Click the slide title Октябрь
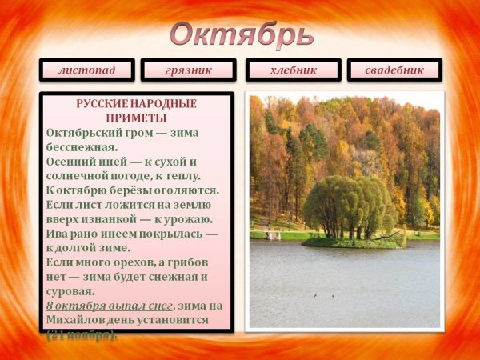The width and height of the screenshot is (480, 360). click(241, 34)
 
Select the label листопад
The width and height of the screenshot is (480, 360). click(86, 70)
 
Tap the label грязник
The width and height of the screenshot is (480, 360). click(188, 70)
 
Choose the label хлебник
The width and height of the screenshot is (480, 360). click(294, 70)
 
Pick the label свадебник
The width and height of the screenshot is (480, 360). click(394, 70)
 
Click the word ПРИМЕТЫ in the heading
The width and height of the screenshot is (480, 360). click(136, 118)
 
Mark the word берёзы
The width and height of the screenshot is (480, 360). click(133, 190)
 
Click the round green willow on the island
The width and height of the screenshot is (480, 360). click(347, 206)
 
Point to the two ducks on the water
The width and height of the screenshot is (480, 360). click(324, 296)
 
